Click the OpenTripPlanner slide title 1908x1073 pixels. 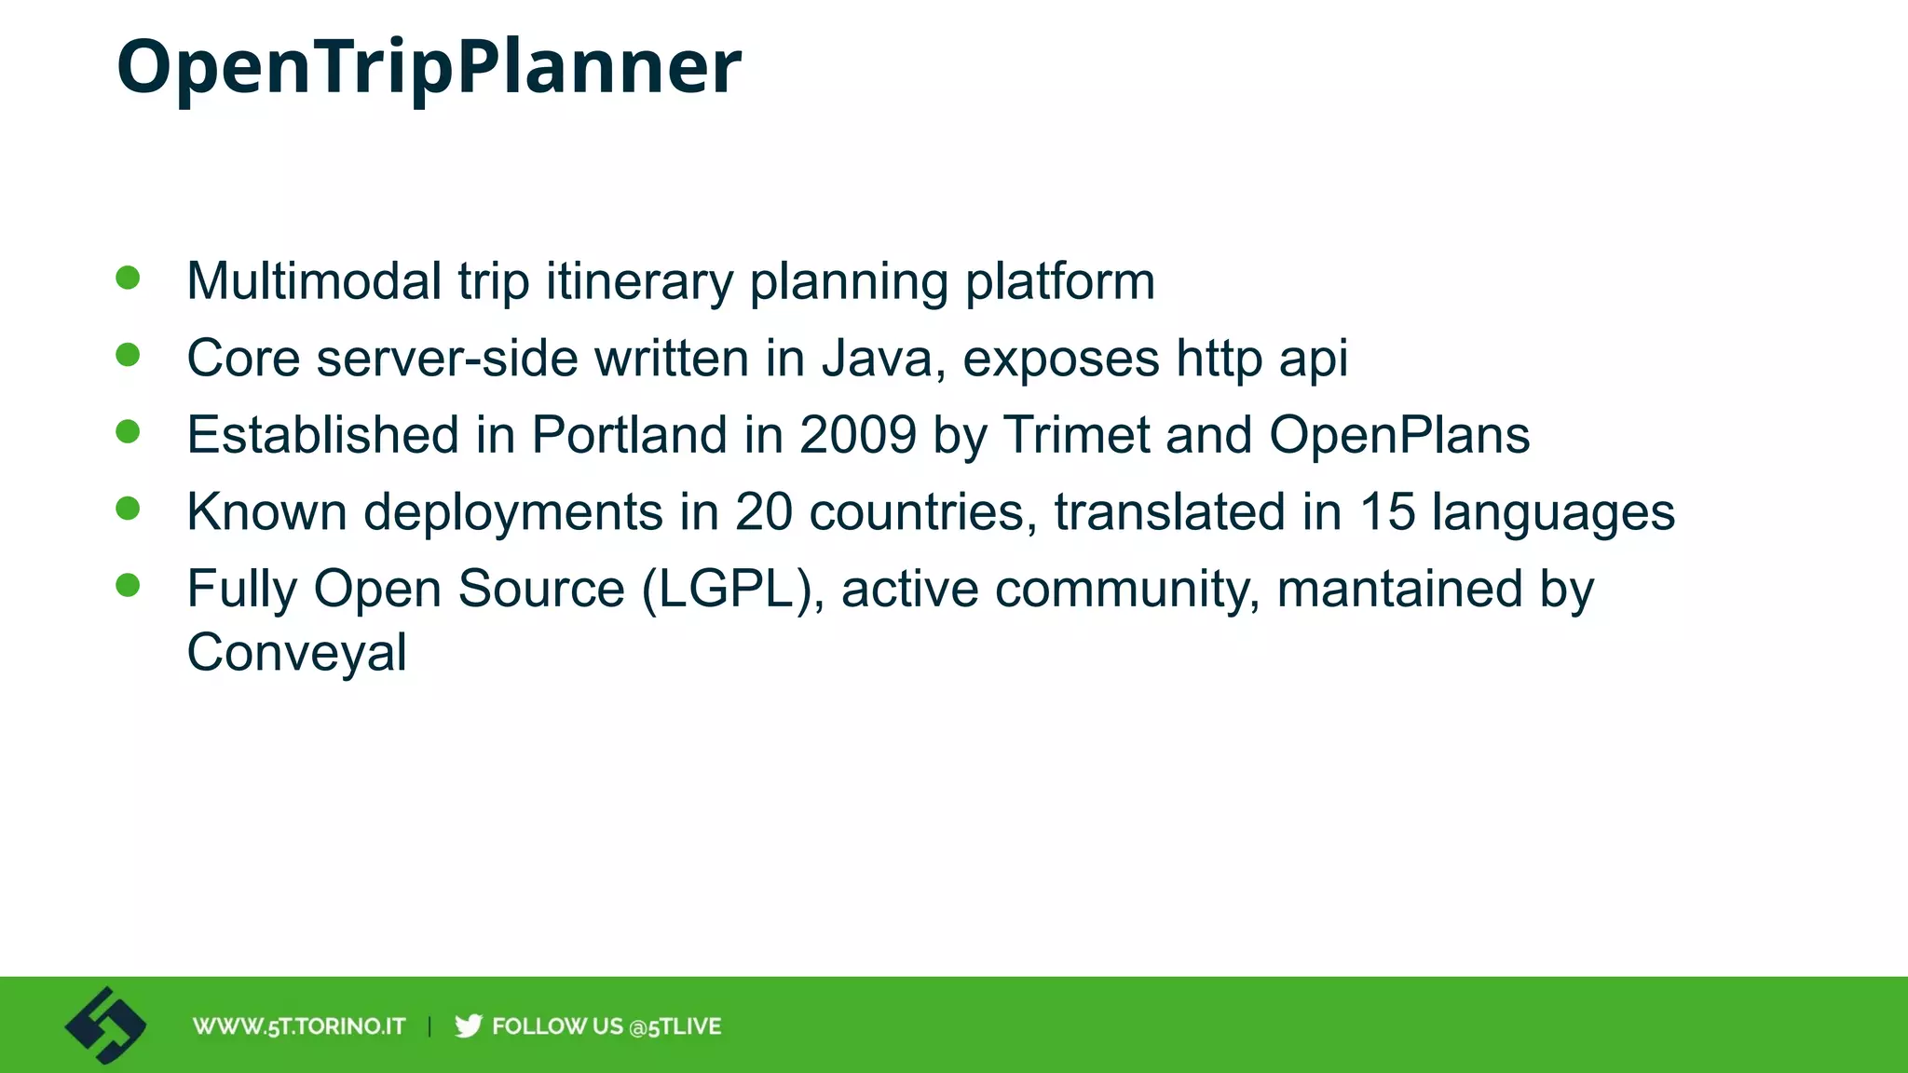point(429,67)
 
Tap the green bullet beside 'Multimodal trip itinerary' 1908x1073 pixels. point(128,278)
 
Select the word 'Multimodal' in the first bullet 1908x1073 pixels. point(314,280)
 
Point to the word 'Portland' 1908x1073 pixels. point(629,435)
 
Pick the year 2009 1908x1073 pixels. point(857,435)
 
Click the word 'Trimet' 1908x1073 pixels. point(1076,435)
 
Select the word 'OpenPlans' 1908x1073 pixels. point(1398,435)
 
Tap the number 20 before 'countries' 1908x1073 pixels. point(763,512)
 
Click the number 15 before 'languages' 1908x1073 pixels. point(1386,512)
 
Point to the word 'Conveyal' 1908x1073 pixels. point(296,652)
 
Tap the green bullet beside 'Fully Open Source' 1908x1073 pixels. point(128,585)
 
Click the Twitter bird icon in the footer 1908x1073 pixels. point(468,1025)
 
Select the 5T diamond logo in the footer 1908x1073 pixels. point(105,1025)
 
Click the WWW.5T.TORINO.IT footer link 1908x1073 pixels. point(299,1026)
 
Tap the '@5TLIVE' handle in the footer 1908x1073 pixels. point(675,1026)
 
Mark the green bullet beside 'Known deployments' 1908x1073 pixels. point(128,509)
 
